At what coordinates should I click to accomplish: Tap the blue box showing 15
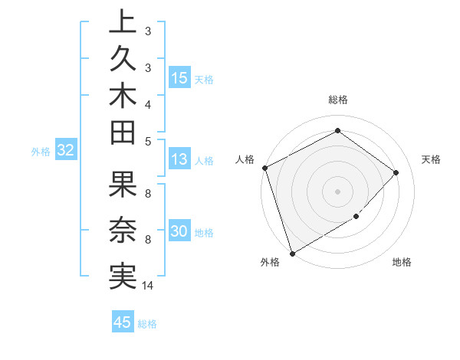pos(179,78)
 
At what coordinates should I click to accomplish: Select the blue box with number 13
pos(179,160)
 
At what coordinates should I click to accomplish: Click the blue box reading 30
pos(179,232)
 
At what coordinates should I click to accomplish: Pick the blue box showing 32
pos(65,151)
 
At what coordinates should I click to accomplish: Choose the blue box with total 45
pos(123,322)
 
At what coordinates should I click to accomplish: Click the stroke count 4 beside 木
pos(147,104)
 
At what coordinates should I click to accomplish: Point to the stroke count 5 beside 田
pos(147,140)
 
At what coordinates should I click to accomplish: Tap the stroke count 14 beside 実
pos(148,286)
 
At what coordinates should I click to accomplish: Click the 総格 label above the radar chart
pos(337,100)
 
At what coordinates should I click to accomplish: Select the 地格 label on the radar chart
pos(402,262)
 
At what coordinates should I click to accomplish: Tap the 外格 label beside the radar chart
pos(270,262)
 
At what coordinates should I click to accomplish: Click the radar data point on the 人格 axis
pos(264,168)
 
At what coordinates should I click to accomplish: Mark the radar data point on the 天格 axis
pos(396,172)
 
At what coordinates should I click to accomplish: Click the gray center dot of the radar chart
pos(337,191)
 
